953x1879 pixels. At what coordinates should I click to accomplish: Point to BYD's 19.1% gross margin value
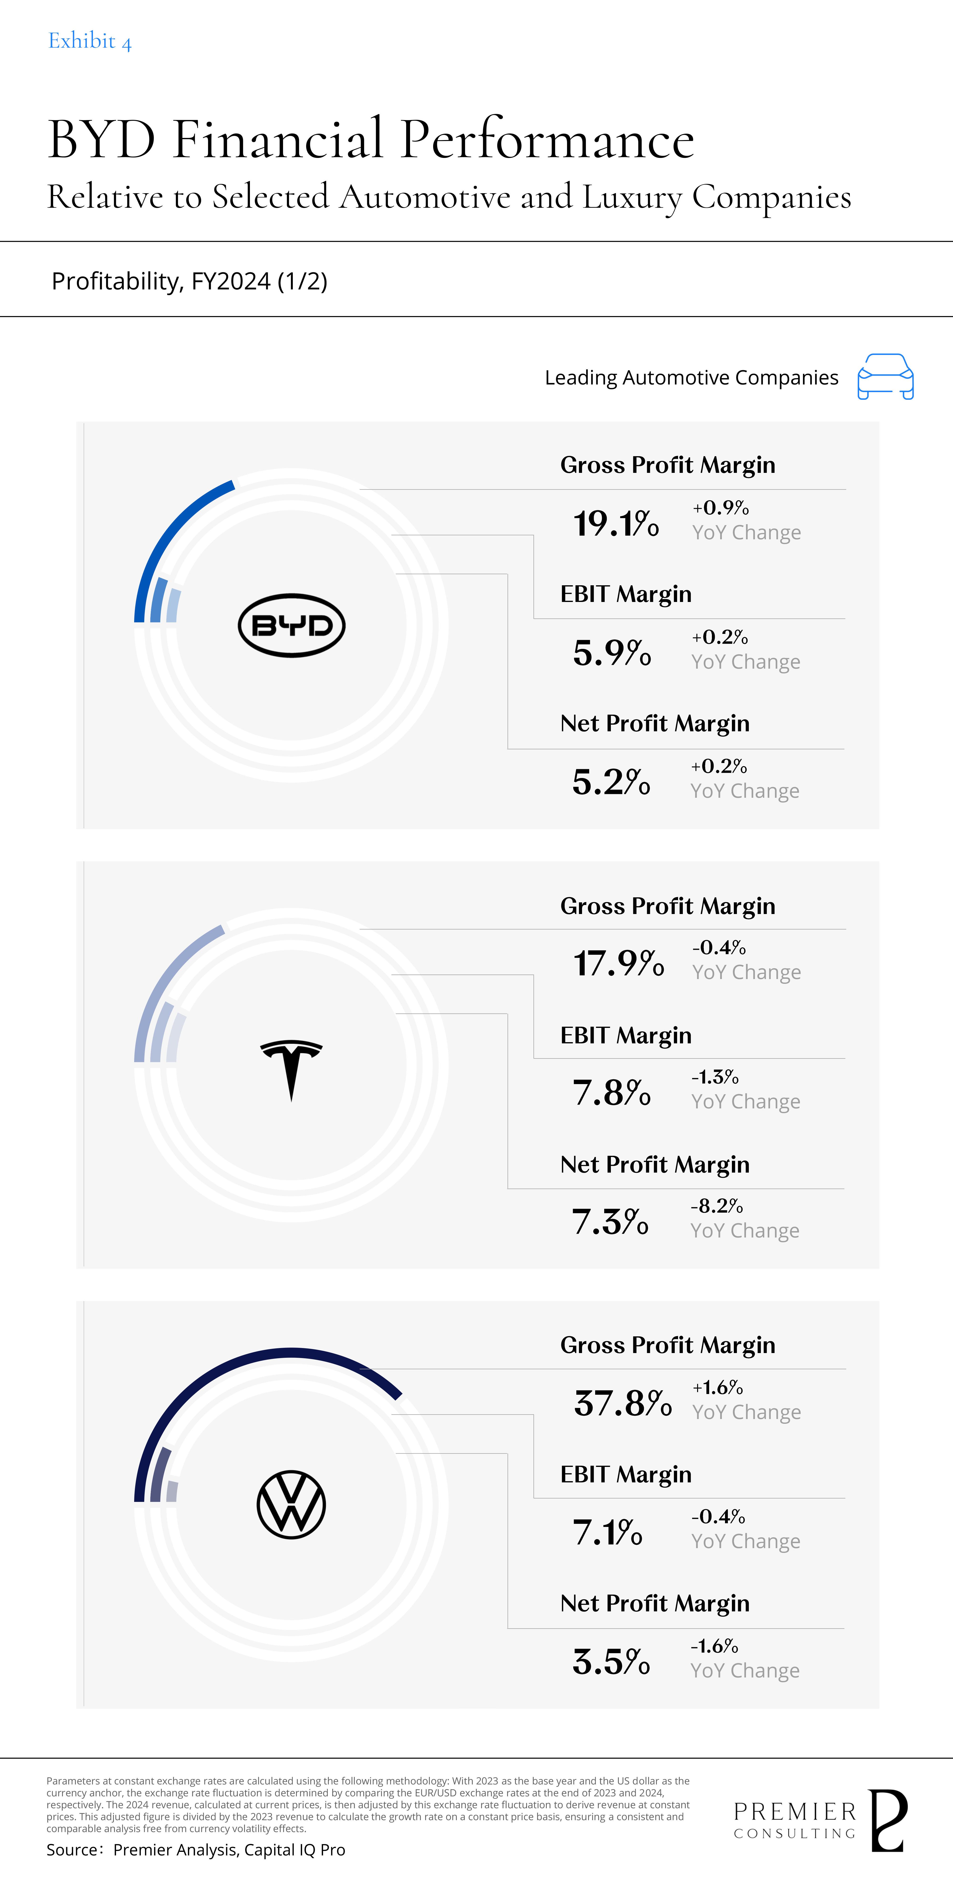[x=616, y=524]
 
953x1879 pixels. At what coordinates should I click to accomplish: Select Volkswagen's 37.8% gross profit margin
[x=623, y=1404]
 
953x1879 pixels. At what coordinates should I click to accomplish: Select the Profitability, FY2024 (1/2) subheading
[x=189, y=281]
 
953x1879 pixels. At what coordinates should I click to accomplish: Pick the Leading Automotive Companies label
[x=691, y=378]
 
